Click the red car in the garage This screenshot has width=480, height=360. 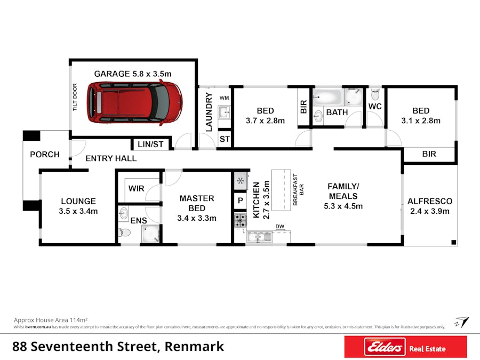coord(135,102)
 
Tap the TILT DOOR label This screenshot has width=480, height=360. coord(75,97)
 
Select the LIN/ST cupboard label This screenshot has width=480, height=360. coord(150,144)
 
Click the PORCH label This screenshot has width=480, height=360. coord(45,154)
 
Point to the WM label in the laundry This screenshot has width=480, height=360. coord(224,98)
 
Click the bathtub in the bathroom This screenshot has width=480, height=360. coord(327,97)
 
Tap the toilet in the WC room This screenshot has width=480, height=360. coord(375,94)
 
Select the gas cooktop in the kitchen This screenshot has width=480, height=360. coord(241,221)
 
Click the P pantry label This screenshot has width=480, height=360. coord(241,201)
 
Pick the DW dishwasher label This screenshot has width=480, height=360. coord(280,227)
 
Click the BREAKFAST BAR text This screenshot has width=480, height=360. coord(298,190)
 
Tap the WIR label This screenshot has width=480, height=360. coord(136,188)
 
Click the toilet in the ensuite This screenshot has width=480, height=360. coord(124,233)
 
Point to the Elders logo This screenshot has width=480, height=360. coord(385,347)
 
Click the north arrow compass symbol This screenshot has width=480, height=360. coord(462,322)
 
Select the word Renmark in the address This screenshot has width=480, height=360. coord(194,347)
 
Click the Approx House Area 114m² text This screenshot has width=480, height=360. coord(51,320)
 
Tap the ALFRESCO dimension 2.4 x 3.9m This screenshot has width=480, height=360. coord(430,211)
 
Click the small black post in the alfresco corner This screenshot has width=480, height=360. coord(454,243)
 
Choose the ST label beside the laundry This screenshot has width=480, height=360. coord(225,139)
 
